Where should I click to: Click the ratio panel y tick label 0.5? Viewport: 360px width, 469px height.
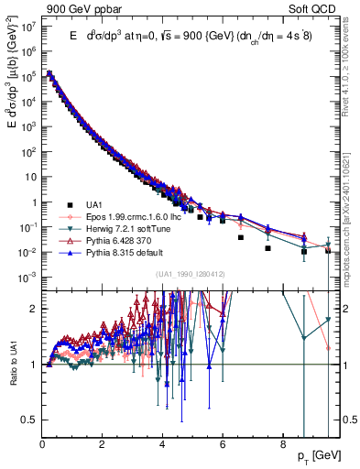tap(29, 419)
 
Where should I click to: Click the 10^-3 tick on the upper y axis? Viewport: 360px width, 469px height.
tap(28, 277)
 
